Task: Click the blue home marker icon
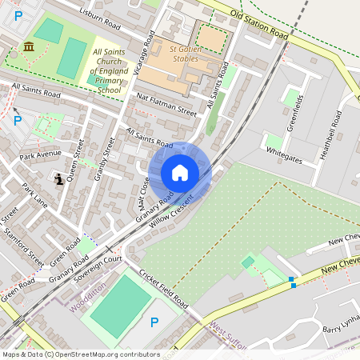pyautogui.click(x=180, y=173)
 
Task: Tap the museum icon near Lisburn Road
pyautogui.click(x=29, y=46)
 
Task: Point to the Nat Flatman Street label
pyautogui.click(x=166, y=104)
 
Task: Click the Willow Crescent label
pyautogui.click(x=171, y=210)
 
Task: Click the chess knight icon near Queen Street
pyautogui.click(x=60, y=179)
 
